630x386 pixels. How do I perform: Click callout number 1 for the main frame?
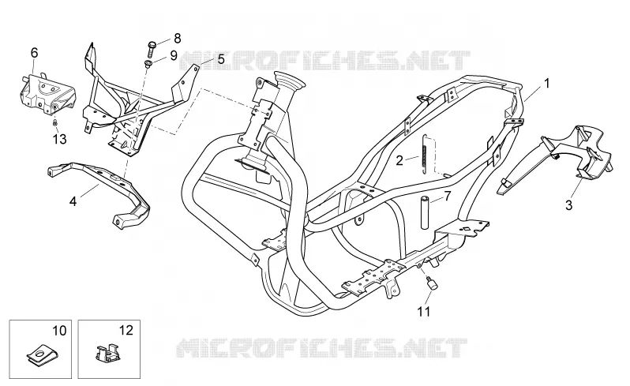tap(546, 83)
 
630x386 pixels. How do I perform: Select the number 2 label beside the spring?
tap(399, 161)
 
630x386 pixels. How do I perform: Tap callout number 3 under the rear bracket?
tap(568, 205)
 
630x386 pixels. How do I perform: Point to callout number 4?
tap(73, 201)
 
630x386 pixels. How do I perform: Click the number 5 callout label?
tap(221, 59)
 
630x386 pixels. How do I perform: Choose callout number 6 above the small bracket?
tap(34, 53)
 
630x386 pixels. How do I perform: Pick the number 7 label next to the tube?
tap(448, 196)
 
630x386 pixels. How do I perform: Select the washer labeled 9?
tap(148, 64)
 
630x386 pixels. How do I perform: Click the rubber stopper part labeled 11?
tap(432, 283)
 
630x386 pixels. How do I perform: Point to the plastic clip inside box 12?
tap(107, 352)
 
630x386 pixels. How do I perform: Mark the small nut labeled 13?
tap(55, 122)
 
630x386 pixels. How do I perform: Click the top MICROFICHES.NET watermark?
tap(324, 61)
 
